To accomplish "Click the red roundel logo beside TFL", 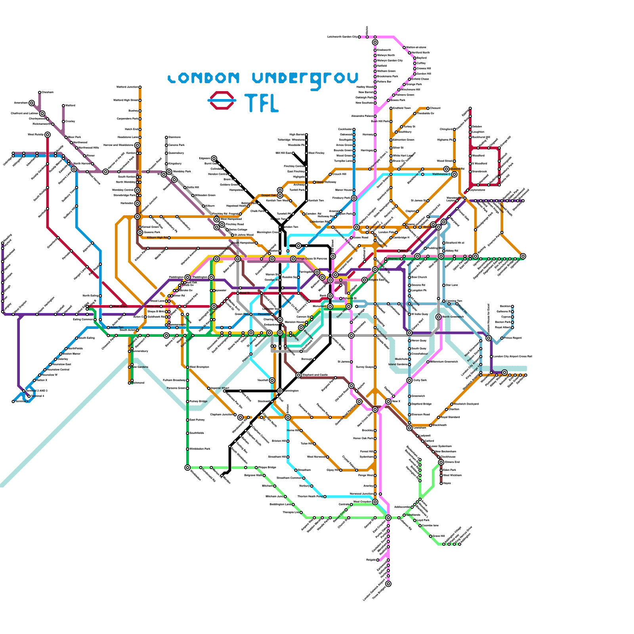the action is click(222, 100).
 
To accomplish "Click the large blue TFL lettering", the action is click(262, 103).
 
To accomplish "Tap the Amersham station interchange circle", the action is click(32, 103).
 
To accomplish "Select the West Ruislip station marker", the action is click(48, 135).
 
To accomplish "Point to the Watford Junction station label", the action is click(127, 87).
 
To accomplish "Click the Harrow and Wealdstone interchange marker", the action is click(137, 145).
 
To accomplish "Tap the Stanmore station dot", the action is click(166, 137).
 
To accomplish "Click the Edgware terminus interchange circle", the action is click(214, 158).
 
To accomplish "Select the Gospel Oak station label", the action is click(269, 195).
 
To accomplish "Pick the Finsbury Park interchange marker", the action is click(354, 198).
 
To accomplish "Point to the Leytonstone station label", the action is click(477, 190).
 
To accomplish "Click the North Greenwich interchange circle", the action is click(438, 317).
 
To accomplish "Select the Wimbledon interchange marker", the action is click(187, 468).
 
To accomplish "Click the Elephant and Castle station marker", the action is click(298, 375).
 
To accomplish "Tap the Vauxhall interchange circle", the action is click(272, 380).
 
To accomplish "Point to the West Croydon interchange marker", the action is click(375, 502).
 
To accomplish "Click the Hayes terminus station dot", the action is click(441, 483).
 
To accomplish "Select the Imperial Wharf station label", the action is click(220, 388).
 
